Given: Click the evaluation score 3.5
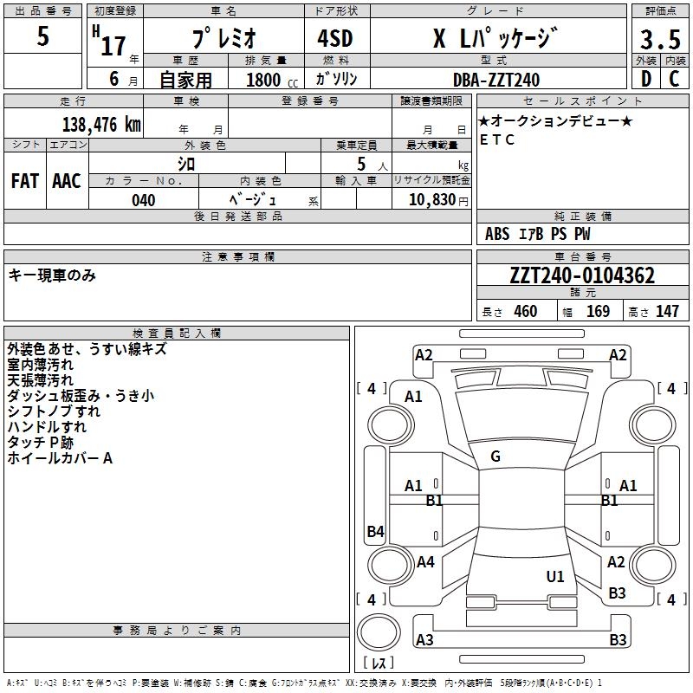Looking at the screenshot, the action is tap(658, 39).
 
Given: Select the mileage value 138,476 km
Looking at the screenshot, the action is tap(101, 125).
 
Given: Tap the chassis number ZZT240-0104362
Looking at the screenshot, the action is tap(581, 276).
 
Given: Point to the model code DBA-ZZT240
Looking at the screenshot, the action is tap(496, 80).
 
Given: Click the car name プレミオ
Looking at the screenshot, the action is tap(223, 39).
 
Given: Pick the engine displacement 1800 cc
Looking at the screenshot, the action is tap(263, 80).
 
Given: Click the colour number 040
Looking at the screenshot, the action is tap(144, 200).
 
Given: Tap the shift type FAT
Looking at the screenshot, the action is tap(25, 181).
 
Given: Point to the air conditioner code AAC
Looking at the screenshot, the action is tap(67, 181).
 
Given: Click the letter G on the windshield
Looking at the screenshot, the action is tap(495, 457).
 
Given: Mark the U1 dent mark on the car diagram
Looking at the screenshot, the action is tap(555, 576).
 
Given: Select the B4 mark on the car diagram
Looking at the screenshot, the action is tap(375, 531).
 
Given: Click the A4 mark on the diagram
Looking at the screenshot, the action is tap(425, 562).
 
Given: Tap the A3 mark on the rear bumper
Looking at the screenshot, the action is tap(424, 640).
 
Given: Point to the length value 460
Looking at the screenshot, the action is tap(525, 312).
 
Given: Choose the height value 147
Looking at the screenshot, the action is tap(667, 312).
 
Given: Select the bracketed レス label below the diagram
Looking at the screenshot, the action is tap(379, 664).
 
